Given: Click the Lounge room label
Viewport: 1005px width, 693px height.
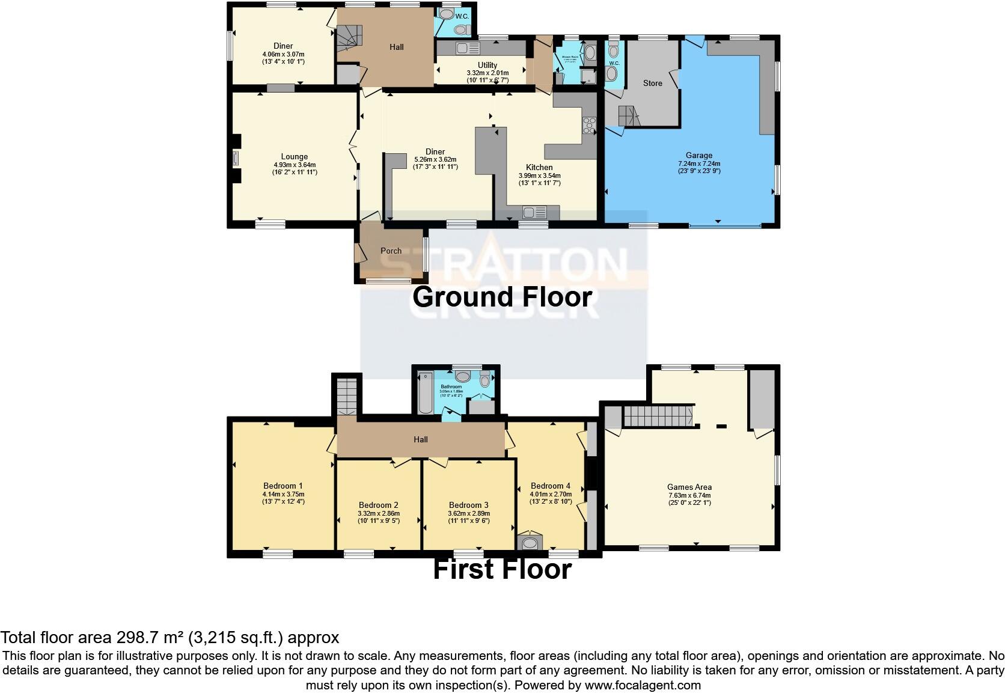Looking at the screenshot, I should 294,157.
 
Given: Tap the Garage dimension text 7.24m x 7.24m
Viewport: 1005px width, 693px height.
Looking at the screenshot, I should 699,163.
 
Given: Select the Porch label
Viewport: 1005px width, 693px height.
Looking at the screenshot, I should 391,251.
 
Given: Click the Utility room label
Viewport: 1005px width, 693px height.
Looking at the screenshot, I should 487,65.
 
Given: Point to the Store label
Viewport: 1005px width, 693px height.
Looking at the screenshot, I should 652,83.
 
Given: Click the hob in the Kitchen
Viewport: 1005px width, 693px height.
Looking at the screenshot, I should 588,125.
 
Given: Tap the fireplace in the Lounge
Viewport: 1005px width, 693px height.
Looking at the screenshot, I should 235,157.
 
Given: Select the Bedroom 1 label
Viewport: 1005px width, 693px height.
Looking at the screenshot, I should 283,486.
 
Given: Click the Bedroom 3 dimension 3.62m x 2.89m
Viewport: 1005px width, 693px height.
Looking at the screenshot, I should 469,513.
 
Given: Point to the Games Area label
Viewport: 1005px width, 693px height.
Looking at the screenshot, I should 689,487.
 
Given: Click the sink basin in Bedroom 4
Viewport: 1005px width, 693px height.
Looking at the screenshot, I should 530,543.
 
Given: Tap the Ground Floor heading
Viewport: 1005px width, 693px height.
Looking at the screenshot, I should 502,297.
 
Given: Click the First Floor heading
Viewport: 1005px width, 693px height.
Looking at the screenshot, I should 502,569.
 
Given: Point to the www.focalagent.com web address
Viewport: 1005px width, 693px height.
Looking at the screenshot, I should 643,685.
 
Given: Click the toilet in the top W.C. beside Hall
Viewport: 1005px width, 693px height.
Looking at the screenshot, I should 461,29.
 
